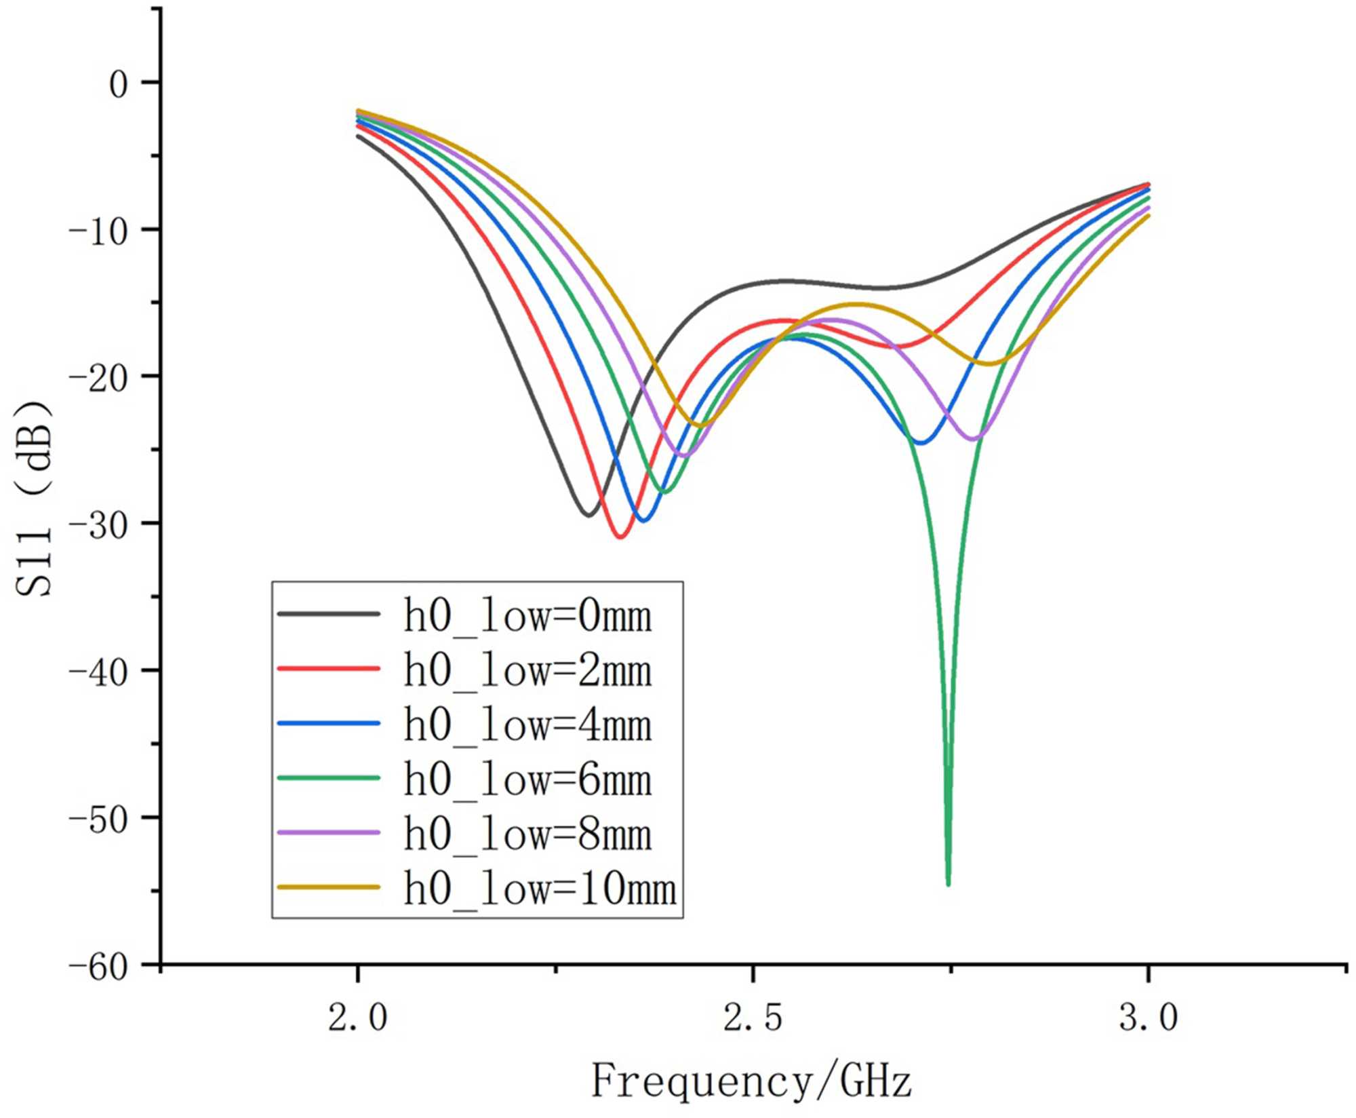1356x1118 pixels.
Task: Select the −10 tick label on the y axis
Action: (99, 232)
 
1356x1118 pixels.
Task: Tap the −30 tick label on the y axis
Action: (99, 526)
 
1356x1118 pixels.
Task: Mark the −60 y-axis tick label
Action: (99, 967)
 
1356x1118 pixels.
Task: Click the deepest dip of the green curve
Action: (948, 883)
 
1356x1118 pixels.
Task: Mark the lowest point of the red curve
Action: (620, 537)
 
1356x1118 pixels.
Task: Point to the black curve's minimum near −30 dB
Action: (589, 516)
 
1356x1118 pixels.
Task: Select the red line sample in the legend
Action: (328, 669)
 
